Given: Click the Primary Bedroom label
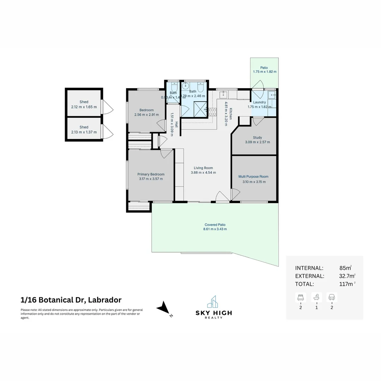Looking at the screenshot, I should (x=151, y=174).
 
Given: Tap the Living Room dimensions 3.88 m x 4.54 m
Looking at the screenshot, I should (x=203, y=173).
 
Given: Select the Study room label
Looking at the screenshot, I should (x=257, y=138).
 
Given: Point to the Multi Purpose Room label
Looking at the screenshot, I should (x=253, y=177).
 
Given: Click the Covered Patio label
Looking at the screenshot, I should (x=215, y=225).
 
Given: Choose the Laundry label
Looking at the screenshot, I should (x=259, y=102).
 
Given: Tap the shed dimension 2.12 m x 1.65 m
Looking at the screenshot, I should (x=84, y=107).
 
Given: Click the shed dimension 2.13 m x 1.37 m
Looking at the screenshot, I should (x=84, y=132).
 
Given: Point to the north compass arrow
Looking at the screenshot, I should (x=163, y=308).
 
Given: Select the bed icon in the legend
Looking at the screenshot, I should (x=301, y=297).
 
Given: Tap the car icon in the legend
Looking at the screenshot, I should (x=332, y=297).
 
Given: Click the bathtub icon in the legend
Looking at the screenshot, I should (x=316, y=297).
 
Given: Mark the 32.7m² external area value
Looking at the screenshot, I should (x=344, y=276).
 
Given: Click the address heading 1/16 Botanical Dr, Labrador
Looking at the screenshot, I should (x=71, y=300).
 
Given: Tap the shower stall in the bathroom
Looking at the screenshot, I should (x=200, y=109).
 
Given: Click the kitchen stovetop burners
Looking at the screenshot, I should (x=213, y=112).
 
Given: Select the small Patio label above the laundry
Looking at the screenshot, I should (x=264, y=68).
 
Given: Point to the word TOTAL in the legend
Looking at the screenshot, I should (x=304, y=284).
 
